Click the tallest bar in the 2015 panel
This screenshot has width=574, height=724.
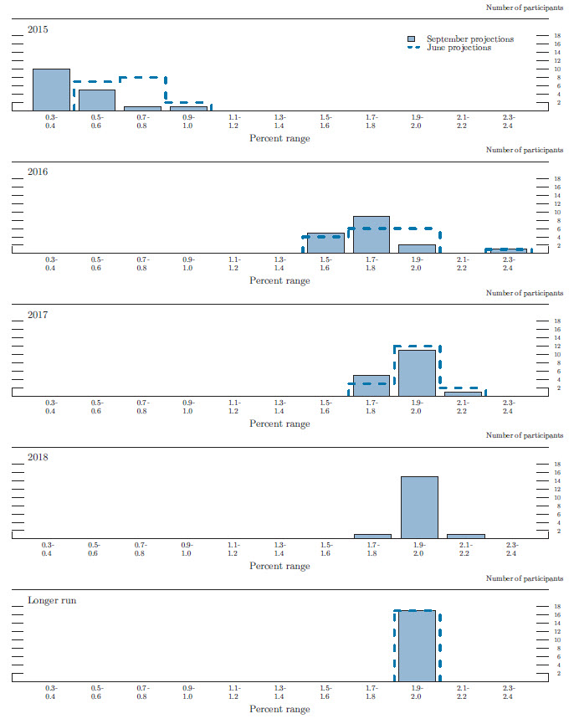[51, 90]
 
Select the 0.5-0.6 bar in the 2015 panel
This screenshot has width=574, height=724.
[97, 100]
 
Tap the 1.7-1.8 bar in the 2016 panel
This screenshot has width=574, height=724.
[372, 234]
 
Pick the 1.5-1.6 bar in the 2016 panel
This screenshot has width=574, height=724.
[325, 243]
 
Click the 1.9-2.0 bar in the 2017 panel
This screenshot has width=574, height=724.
[417, 372]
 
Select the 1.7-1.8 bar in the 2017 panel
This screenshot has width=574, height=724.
[372, 385]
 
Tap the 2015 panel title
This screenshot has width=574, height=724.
[38, 29]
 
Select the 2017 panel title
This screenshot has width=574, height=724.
[38, 315]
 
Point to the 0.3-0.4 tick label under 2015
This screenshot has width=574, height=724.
[51, 121]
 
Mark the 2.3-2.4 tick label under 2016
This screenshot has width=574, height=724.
[508, 264]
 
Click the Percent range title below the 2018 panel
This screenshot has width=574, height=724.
[279, 566]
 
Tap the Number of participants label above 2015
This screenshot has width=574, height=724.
[524, 8]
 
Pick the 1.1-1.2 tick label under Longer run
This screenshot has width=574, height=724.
[233, 691]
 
